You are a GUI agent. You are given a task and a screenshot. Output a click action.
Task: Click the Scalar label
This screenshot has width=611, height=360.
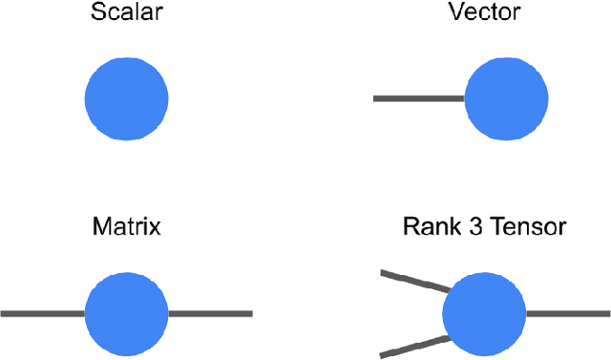click(126, 13)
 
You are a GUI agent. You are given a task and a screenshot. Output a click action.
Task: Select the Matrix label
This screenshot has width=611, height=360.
click(126, 227)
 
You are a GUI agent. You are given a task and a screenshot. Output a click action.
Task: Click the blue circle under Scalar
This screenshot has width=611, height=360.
click(126, 98)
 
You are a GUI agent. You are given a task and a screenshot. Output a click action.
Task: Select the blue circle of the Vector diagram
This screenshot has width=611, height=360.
click(505, 98)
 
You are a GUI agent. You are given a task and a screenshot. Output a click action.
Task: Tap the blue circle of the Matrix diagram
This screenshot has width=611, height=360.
click(126, 313)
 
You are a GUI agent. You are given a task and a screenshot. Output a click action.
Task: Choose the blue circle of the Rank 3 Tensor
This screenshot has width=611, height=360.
click(484, 313)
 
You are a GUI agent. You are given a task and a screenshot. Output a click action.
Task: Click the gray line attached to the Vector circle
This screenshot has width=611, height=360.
click(418, 98)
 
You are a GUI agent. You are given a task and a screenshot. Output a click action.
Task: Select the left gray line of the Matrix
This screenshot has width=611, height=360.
click(43, 313)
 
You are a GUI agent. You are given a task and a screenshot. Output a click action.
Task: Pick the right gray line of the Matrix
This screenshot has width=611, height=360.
click(210, 313)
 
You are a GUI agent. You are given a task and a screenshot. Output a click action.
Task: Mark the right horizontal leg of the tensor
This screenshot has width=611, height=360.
click(568, 313)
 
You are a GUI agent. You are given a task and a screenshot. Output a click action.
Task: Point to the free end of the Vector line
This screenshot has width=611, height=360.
click(375, 98)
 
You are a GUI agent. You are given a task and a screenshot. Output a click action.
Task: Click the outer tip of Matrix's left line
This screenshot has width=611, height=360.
click(3, 313)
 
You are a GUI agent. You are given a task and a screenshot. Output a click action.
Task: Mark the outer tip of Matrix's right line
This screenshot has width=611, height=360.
click(250, 313)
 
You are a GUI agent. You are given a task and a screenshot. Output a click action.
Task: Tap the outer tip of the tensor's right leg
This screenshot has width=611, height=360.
click(607, 313)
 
